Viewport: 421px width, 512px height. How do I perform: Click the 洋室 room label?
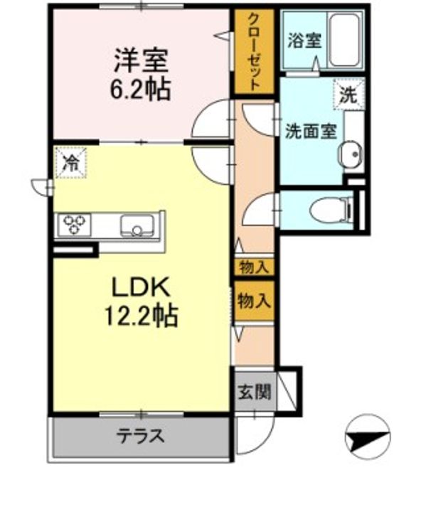tap(141, 60)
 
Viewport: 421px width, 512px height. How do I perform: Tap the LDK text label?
tap(141, 287)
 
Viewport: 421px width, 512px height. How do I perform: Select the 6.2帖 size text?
tap(141, 89)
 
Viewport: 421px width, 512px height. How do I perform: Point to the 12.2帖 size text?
tap(141, 316)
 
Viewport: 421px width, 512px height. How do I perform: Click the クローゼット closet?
tap(254, 52)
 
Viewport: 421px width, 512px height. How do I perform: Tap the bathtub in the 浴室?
tap(344, 40)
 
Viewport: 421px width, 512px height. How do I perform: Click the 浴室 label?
tap(304, 41)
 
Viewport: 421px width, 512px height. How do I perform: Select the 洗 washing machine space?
tap(349, 95)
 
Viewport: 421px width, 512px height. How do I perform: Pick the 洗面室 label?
tap(311, 132)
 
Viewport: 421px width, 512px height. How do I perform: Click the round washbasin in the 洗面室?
tap(351, 153)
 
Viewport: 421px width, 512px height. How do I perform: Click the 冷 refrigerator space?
tap(71, 163)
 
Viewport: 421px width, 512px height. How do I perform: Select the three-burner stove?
tap(74, 224)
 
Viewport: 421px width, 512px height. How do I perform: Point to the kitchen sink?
tap(137, 225)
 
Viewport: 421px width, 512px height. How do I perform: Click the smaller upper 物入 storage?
tap(254, 267)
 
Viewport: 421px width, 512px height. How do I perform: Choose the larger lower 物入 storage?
tap(254, 301)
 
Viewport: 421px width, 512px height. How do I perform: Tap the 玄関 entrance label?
tap(254, 392)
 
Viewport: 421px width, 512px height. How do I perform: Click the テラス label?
tap(140, 436)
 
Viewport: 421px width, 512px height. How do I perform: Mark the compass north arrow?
tap(368, 437)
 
